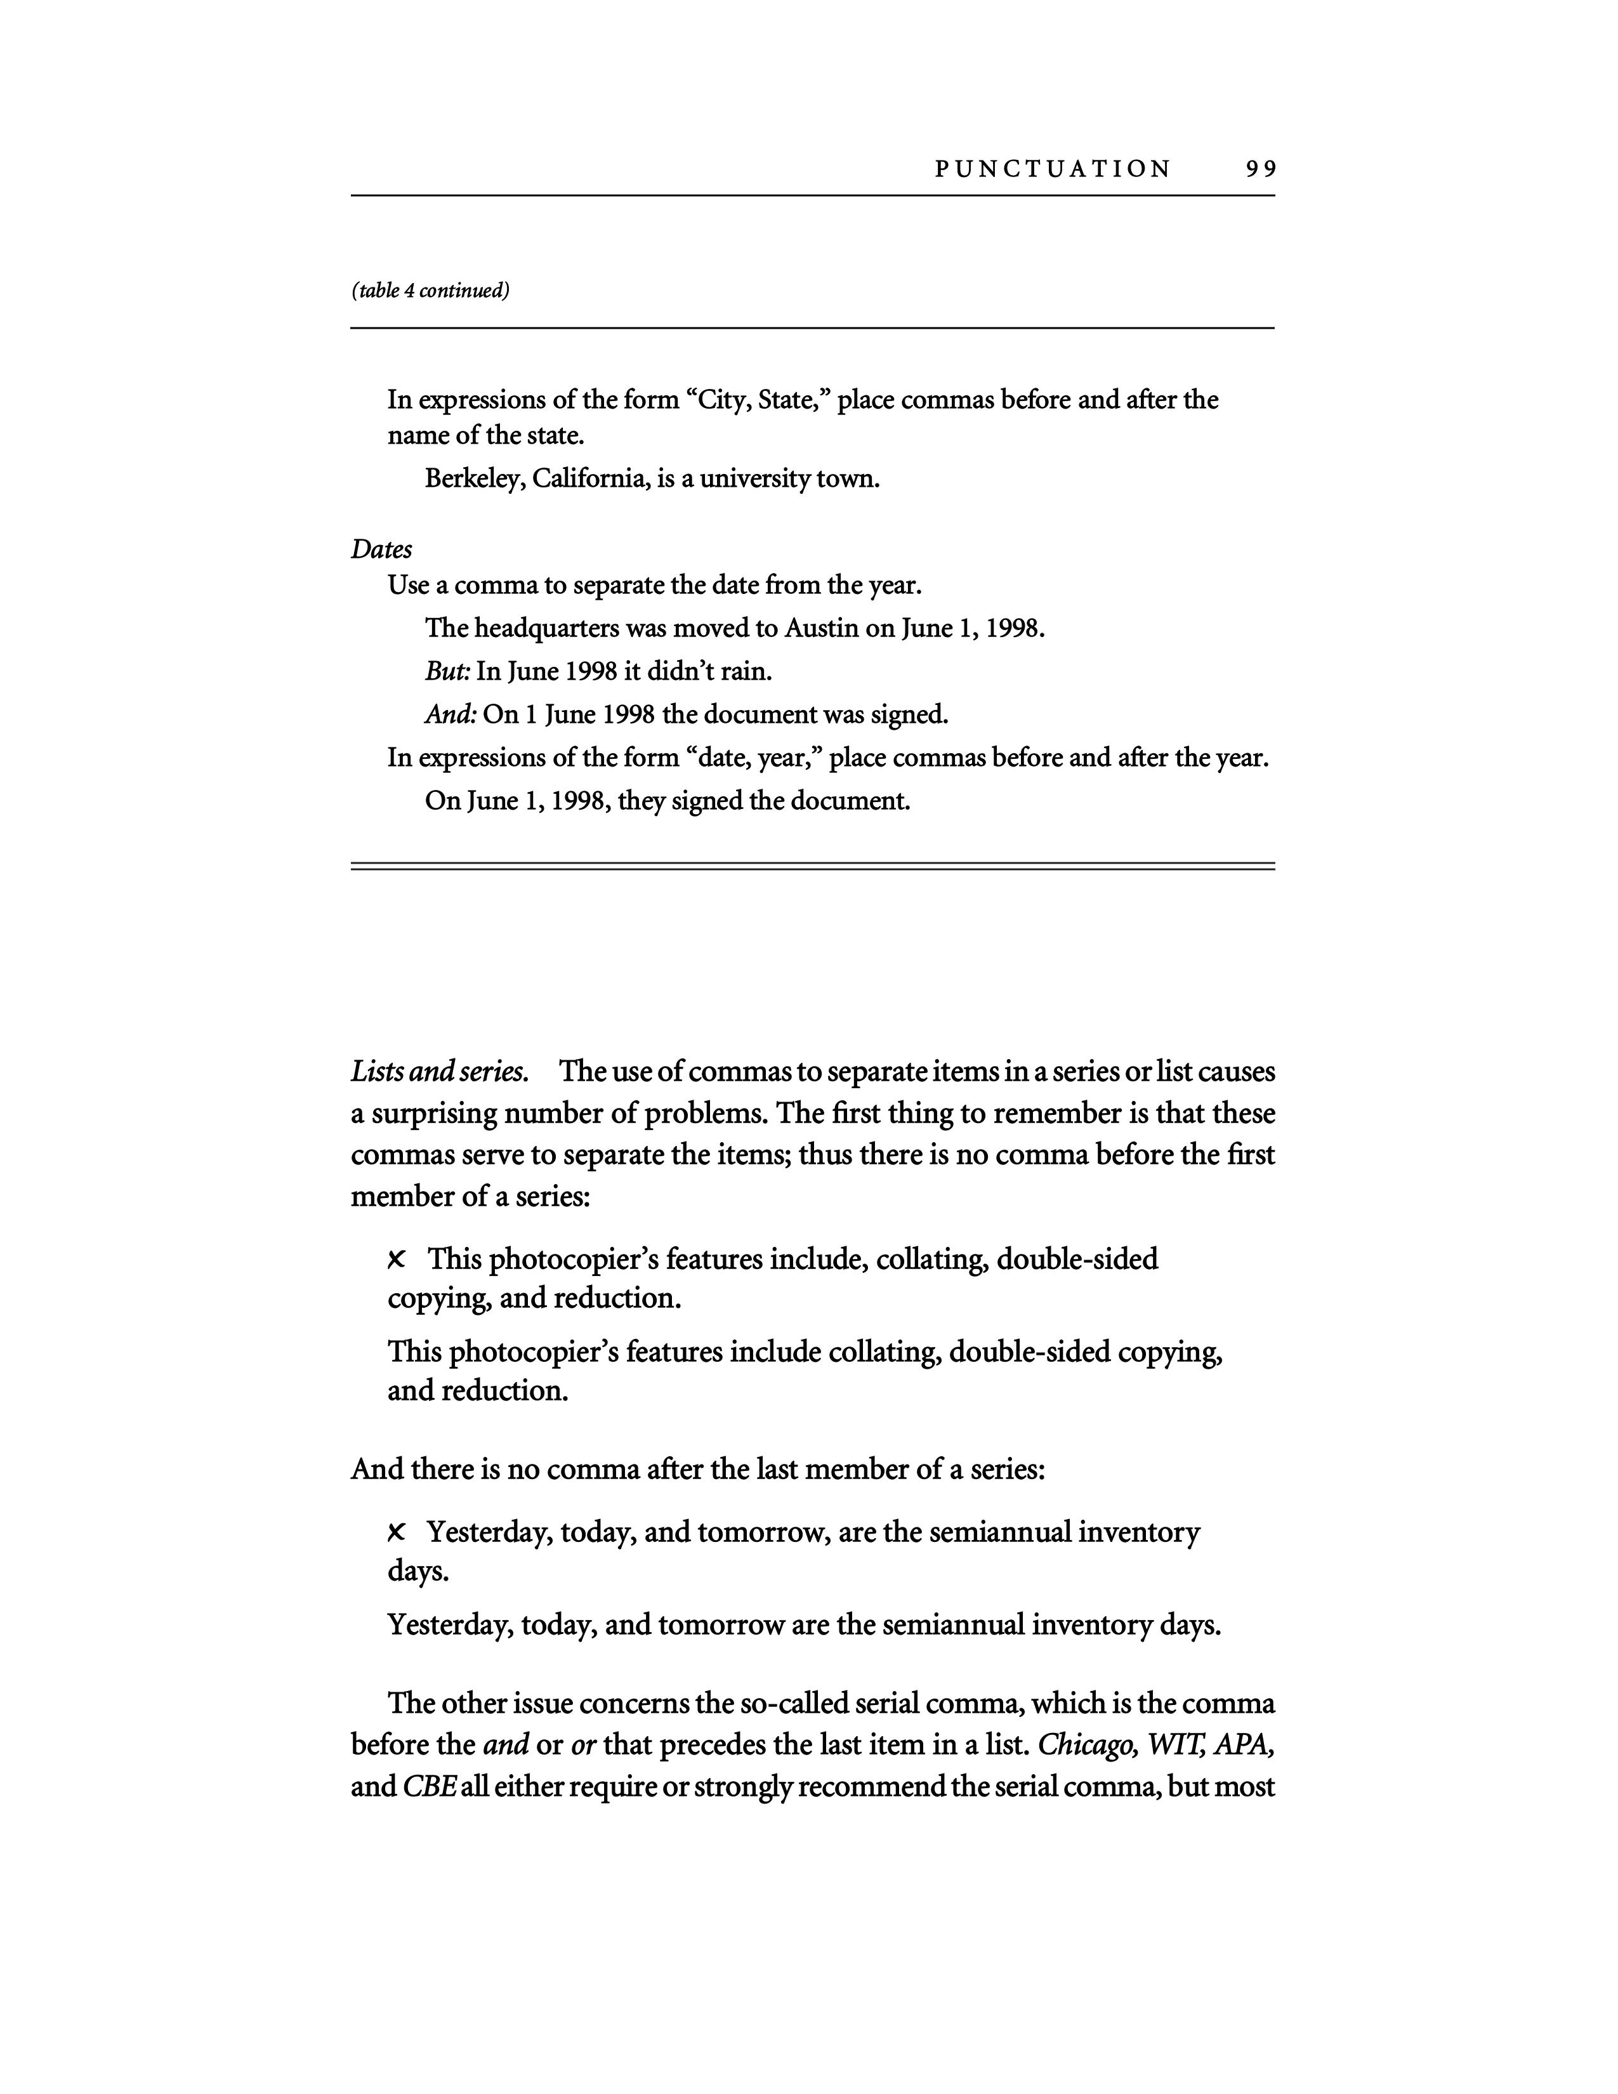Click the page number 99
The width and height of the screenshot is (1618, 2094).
(x=1261, y=169)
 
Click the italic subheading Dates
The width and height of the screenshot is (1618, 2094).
(x=381, y=550)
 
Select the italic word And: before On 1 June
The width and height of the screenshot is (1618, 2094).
(x=451, y=714)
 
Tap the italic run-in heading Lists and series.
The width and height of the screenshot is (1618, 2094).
(x=439, y=1071)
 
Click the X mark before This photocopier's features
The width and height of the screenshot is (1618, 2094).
(x=397, y=1259)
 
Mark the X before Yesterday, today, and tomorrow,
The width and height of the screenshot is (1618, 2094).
(x=397, y=1533)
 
